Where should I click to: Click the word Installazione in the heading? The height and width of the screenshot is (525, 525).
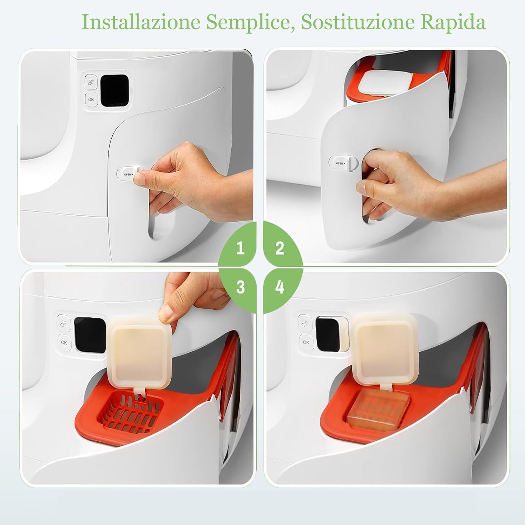click(141, 23)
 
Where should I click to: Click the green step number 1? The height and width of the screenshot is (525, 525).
click(240, 248)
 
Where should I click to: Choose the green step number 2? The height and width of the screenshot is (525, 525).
click(280, 248)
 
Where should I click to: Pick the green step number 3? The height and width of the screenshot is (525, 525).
click(240, 287)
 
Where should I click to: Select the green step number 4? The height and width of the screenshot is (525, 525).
click(280, 287)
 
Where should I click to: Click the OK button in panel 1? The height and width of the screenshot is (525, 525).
click(91, 99)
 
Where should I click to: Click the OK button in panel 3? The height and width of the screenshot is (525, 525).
click(64, 342)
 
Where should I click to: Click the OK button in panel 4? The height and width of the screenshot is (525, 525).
click(306, 342)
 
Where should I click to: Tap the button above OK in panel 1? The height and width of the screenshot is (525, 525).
click(91, 82)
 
